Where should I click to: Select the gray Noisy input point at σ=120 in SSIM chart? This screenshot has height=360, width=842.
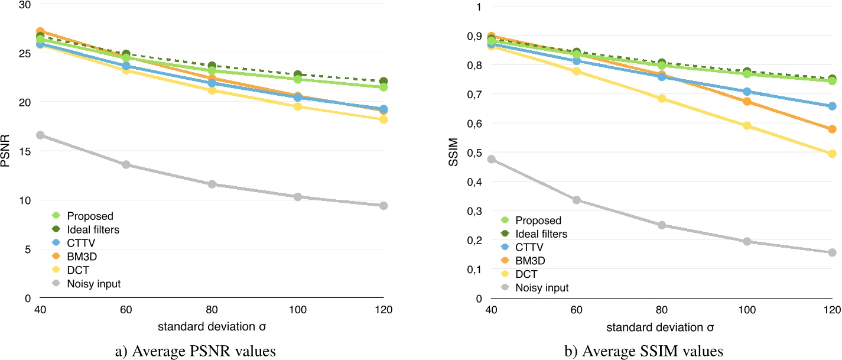(833, 252)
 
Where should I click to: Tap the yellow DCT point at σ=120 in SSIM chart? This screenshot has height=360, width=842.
(833, 154)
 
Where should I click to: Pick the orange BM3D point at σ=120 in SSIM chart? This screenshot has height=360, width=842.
(833, 129)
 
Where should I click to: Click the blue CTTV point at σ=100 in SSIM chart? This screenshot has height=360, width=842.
(747, 92)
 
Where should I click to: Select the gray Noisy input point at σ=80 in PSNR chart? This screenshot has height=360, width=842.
(212, 184)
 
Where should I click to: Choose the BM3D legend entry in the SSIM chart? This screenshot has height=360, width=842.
(538, 261)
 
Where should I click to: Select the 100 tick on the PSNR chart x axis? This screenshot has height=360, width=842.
(297, 310)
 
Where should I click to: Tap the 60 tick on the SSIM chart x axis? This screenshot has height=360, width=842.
(576, 310)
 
